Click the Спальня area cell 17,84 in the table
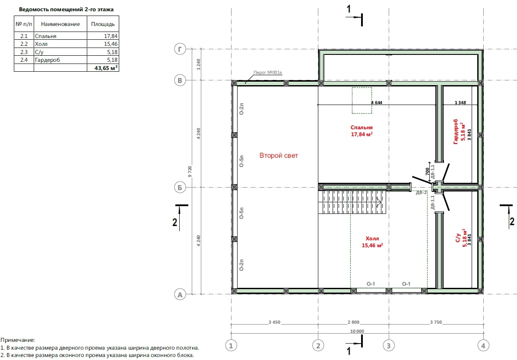[103, 36]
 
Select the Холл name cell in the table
[60, 44]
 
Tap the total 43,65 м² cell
[103, 68]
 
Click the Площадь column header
[103, 24]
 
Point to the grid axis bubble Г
[180, 50]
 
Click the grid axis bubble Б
[180, 188]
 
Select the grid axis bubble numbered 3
[389, 346]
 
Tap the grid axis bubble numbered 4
[483, 346]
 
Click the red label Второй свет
[279, 156]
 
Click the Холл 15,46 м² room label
[372, 242]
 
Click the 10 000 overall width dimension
[357, 331]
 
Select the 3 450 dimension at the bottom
[274, 322]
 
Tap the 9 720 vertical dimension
[190, 172]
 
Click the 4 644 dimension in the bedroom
[377, 102]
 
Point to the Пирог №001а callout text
[267, 72]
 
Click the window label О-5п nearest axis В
[242, 161]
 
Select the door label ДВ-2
[421, 192]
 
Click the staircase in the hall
[352, 202]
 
